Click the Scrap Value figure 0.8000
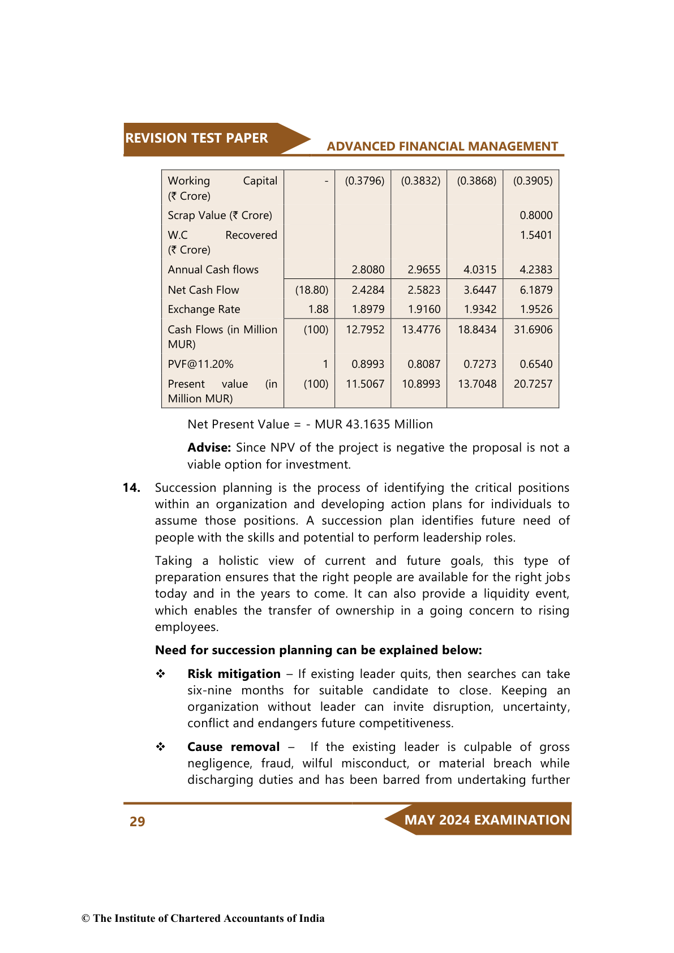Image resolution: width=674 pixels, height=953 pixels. [x=536, y=216]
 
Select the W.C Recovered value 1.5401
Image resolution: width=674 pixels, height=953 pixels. [x=536, y=235]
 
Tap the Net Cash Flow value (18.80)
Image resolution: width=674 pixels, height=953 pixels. [x=312, y=290]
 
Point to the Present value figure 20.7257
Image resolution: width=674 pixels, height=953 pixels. [x=533, y=384]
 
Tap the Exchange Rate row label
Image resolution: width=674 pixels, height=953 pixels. [x=204, y=310]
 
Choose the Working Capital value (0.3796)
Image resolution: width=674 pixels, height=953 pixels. [x=364, y=181]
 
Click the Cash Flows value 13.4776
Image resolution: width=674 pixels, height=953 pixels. [x=421, y=330]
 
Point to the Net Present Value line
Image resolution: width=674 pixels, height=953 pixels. [x=310, y=424]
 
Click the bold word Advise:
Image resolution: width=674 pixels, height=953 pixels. [x=209, y=448]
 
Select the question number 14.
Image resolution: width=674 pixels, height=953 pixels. [x=131, y=488]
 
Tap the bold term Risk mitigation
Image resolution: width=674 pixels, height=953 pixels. [x=234, y=674]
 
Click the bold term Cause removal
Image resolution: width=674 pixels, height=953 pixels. [x=233, y=747]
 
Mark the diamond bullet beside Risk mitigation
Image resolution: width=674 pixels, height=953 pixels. [x=161, y=674]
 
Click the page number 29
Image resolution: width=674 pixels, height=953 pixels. [x=137, y=822]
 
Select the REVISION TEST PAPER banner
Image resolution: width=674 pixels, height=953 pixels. [x=197, y=139]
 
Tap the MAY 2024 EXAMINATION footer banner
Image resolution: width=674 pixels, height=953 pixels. [x=487, y=820]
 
